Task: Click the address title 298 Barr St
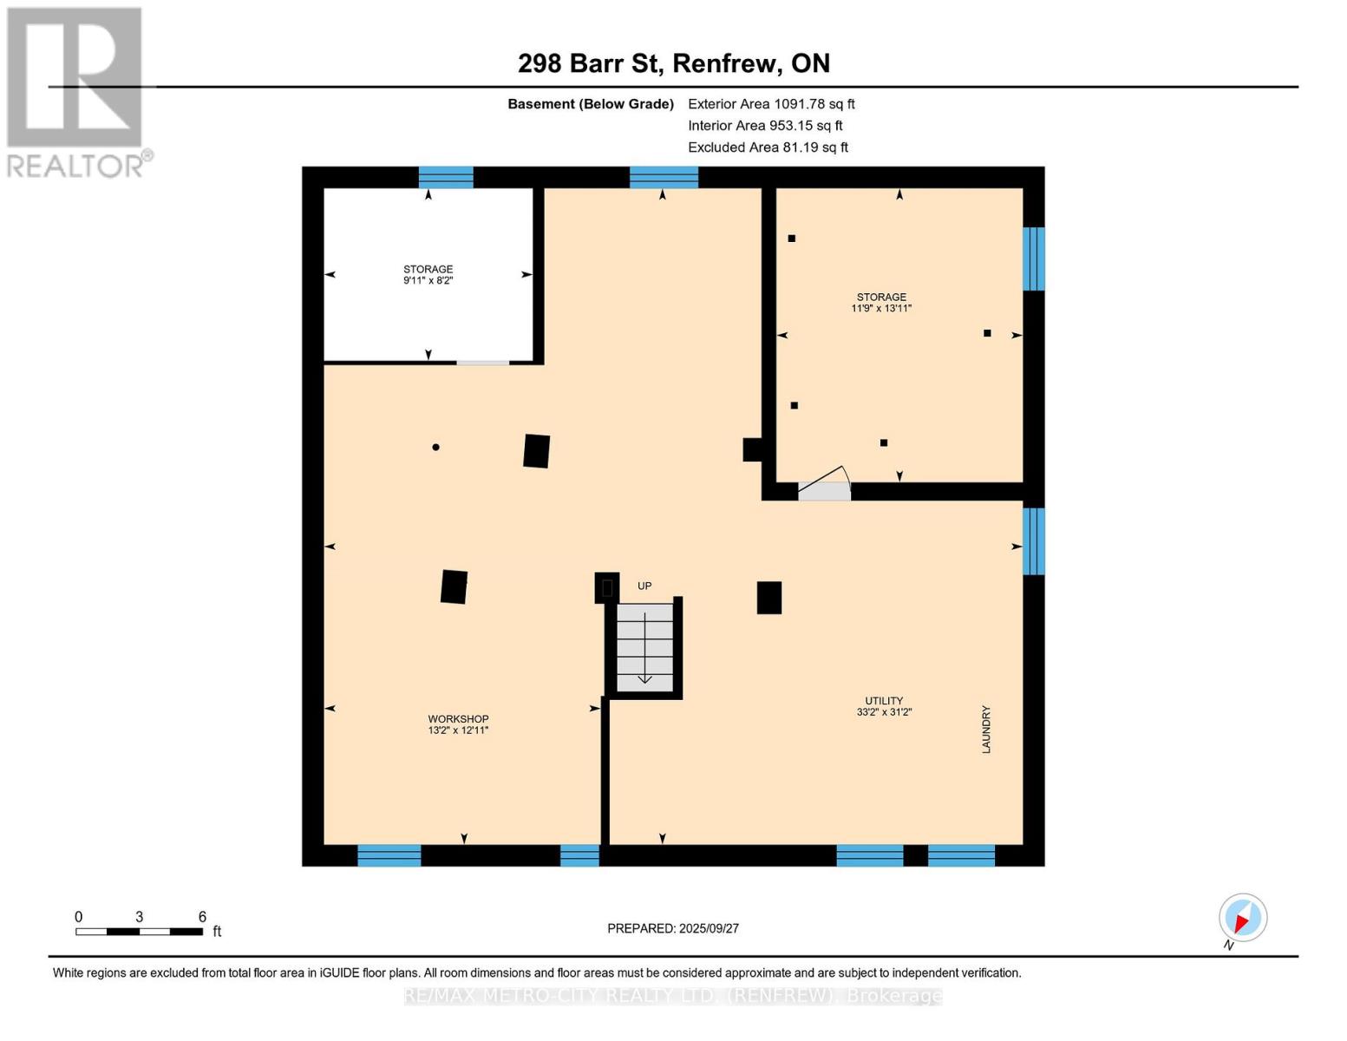(x=673, y=63)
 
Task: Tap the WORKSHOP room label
(x=458, y=719)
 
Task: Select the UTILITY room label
(x=883, y=701)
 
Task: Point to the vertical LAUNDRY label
(x=986, y=729)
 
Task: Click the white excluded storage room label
(x=428, y=269)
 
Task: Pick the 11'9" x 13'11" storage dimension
(x=881, y=309)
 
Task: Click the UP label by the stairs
(x=644, y=586)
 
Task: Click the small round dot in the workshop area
(x=435, y=448)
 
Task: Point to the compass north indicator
(x=1242, y=919)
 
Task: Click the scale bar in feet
(x=139, y=932)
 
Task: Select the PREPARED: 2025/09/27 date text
(x=673, y=928)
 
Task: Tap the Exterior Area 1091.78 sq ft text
(x=771, y=104)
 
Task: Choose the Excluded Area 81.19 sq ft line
(x=768, y=147)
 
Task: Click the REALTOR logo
(x=76, y=91)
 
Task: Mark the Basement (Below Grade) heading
(x=590, y=104)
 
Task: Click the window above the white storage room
(x=446, y=177)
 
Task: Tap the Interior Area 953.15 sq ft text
(x=765, y=126)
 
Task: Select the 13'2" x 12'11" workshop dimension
(x=458, y=730)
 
